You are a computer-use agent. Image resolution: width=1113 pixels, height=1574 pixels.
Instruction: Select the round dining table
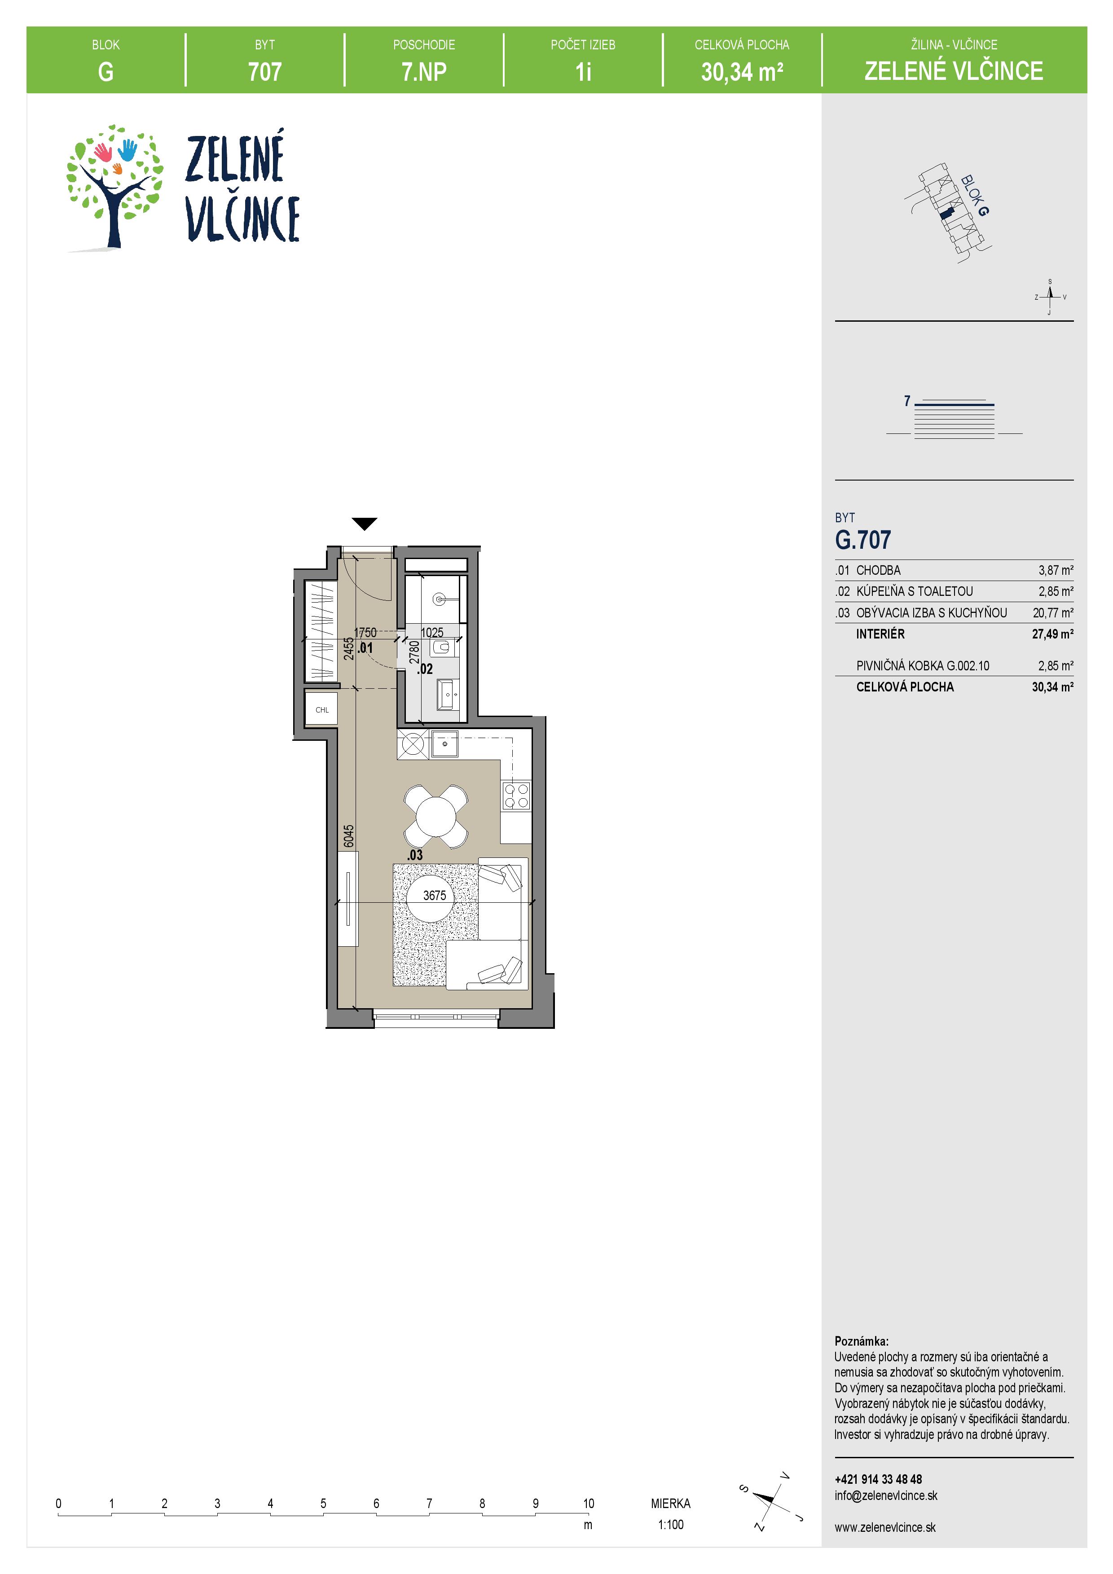[436, 816]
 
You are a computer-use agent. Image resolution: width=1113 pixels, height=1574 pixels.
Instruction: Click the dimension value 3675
[435, 895]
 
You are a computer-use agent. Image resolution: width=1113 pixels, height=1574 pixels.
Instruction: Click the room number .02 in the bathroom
[425, 669]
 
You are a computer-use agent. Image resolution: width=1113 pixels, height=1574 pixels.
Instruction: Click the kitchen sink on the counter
[444, 744]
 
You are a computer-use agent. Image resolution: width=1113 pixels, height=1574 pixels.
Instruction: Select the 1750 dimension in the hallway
[365, 632]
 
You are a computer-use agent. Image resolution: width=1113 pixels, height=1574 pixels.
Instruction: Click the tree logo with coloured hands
[114, 187]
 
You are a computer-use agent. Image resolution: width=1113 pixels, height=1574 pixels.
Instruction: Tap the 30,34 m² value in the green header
[742, 71]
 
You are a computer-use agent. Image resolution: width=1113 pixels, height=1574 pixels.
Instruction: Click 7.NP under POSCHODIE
[424, 71]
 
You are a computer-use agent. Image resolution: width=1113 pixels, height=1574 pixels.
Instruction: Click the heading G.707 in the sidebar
[862, 540]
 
